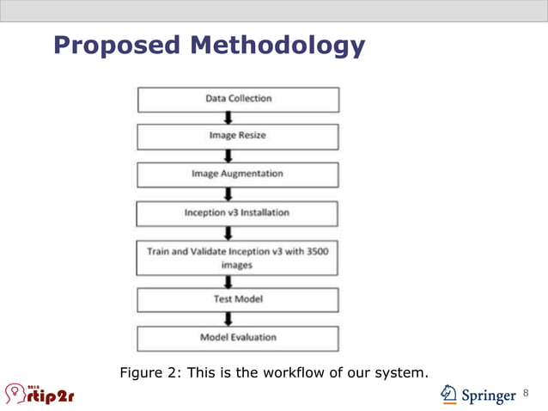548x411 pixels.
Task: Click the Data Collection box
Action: click(238, 99)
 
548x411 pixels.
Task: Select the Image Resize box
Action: click(238, 136)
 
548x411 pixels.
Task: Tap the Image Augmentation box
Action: click(238, 174)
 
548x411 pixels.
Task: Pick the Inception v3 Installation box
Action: click(238, 212)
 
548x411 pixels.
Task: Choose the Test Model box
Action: click(238, 299)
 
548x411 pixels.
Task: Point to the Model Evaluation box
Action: click(238, 337)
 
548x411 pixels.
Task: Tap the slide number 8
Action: click(526, 394)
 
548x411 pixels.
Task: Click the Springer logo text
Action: click(489, 396)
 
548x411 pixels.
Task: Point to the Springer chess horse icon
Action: click(448, 394)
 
